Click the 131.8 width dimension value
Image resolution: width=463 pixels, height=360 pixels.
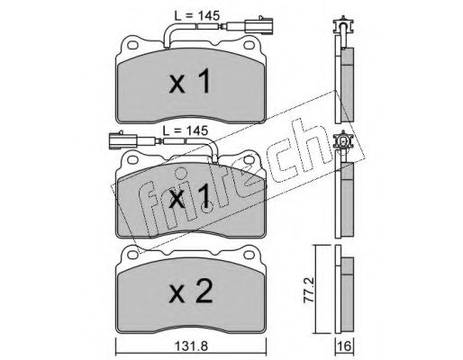191,346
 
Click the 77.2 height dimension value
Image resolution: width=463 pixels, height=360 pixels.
309,289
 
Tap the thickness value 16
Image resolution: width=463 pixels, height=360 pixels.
345,346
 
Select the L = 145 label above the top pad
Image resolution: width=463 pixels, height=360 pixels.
197,15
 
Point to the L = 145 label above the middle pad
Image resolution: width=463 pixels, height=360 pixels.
186,130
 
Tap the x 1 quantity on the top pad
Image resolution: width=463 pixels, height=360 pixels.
189,81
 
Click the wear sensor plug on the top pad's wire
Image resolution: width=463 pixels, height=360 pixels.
259,25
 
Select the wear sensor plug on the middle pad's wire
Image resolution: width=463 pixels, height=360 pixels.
123,140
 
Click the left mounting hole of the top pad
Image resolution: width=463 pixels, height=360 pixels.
132,45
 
